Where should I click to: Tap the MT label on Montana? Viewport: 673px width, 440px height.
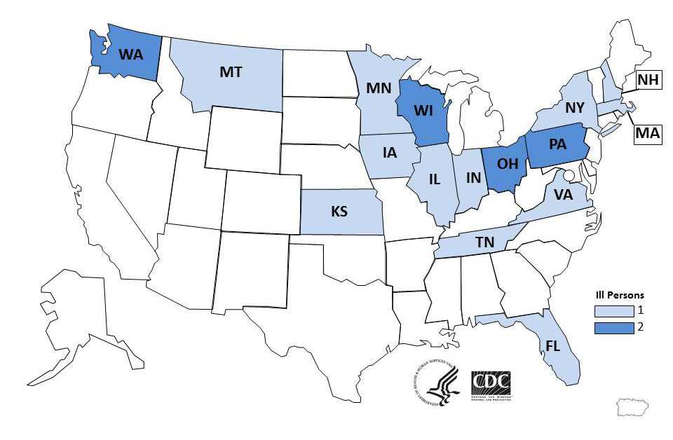pyautogui.click(x=231, y=71)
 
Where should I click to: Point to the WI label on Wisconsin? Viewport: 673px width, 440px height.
pyautogui.click(x=422, y=111)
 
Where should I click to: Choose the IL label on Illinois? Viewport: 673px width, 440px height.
pyautogui.click(x=434, y=179)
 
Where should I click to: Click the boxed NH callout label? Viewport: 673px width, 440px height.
pyautogui.click(x=648, y=81)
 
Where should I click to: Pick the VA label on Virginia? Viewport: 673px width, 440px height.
pyautogui.click(x=563, y=195)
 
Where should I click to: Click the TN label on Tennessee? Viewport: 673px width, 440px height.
pyautogui.click(x=484, y=242)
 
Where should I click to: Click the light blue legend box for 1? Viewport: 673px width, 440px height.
pyautogui.click(x=609, y=309)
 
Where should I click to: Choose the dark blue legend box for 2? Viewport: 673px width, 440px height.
pyautogui.click(x=609, y=326)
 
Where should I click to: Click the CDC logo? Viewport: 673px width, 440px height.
pyautogui.click(x=491, y=384)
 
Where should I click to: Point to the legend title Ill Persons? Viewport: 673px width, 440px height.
pyautogui.click(x=616, y=295)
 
